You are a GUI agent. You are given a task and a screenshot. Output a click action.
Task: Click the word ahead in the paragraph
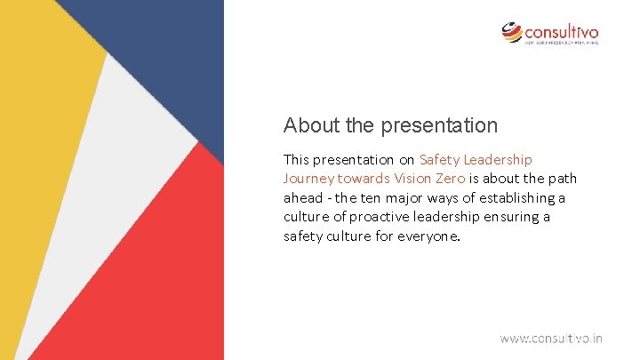(303, 197)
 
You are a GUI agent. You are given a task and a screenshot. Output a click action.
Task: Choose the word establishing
(514, 197)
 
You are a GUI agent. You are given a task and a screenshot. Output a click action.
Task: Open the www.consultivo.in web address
(550, 338)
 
